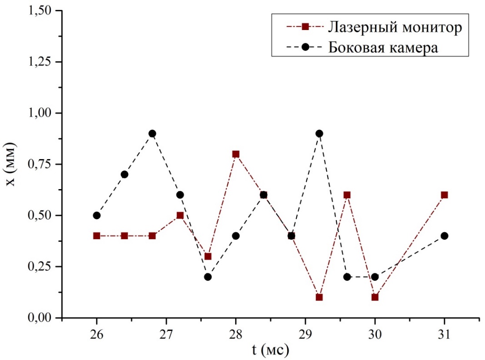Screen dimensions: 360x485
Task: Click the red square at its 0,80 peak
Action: pyautogui.click(x=235, y=154)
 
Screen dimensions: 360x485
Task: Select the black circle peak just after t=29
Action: pyautogui.click(x=319, y=133)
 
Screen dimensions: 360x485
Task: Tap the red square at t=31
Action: pyautogui.click(x=444, y=195)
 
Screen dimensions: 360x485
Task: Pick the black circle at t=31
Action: pyautogui.click(x=444, y=235)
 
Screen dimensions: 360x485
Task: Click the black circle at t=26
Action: pyautogui.click(x=96, y=215)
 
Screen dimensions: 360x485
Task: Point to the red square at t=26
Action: pyautogui.click(x=96, y=235)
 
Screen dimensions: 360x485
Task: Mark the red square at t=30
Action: pyautogui.click(x=375, y=297)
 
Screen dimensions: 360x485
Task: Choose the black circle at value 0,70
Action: pyautogui.click(x=125, y=174)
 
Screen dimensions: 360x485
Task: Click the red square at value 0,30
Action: pyautogui.click(x=208, y=256)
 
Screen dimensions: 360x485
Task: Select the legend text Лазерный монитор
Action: pyautogui.click(x=394, y=27)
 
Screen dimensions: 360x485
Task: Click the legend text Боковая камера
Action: pyautogui.click(x=383, y=47)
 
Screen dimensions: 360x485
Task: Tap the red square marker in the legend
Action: pyautogui.click(x=306, y=27)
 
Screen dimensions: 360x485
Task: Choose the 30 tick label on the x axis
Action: pyautogui.click(x=375, y=335)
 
